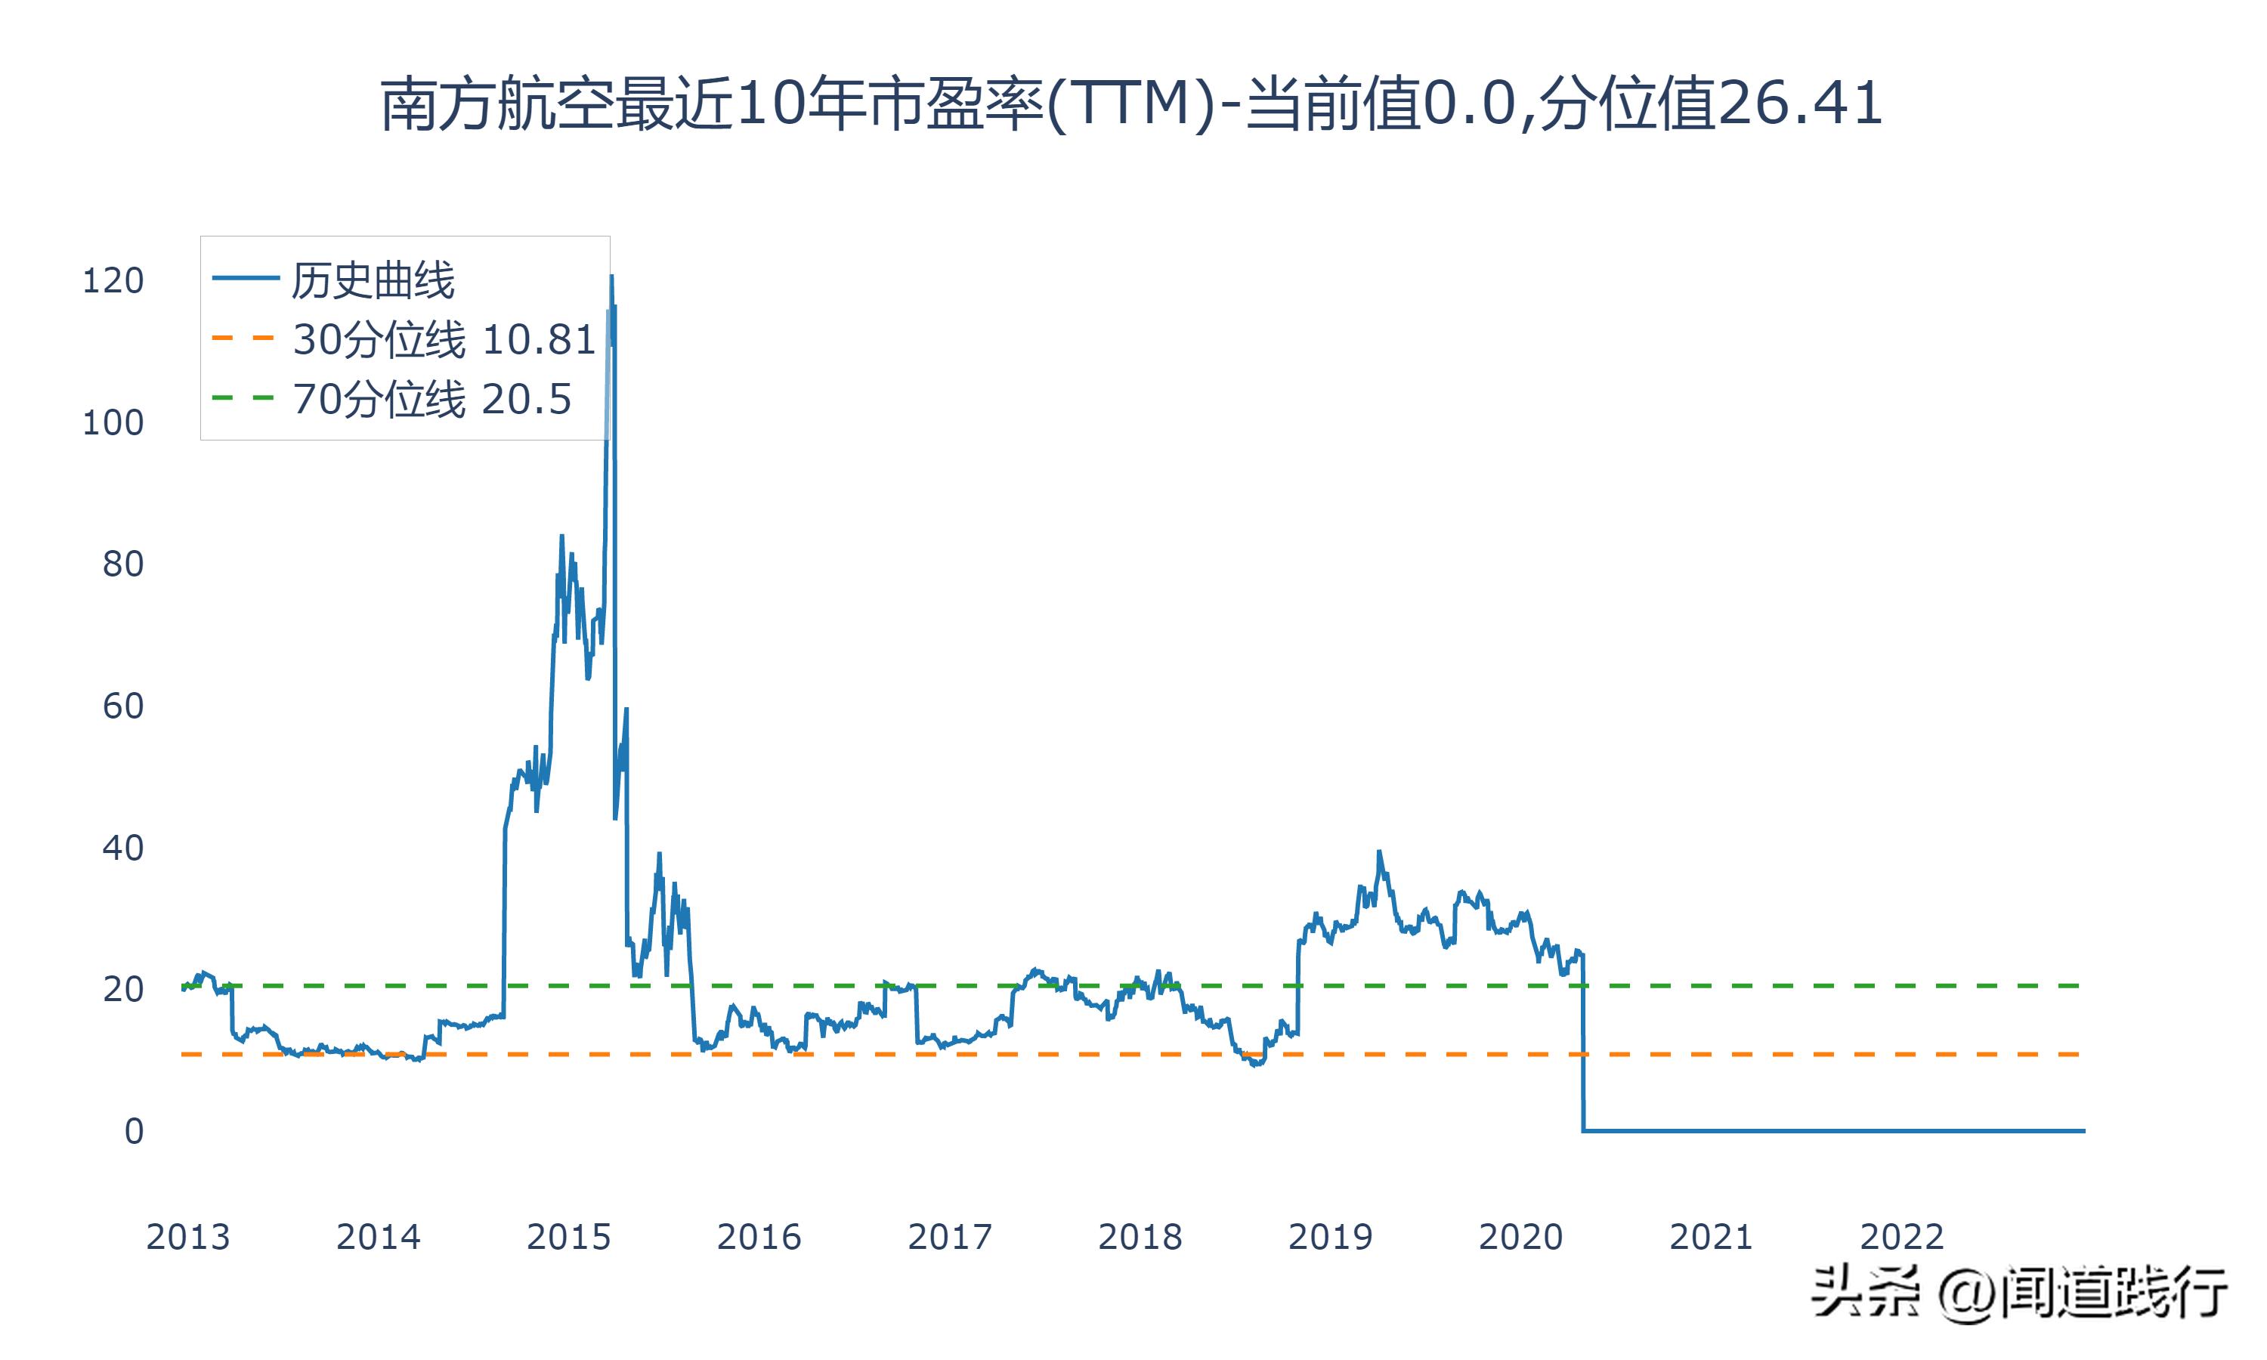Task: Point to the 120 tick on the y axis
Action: click(113, 281)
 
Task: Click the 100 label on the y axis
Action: click(113, 423)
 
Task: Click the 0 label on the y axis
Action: click(135, 1132)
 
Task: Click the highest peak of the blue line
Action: click(611, 277)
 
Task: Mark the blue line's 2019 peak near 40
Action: click(1378, 852)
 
